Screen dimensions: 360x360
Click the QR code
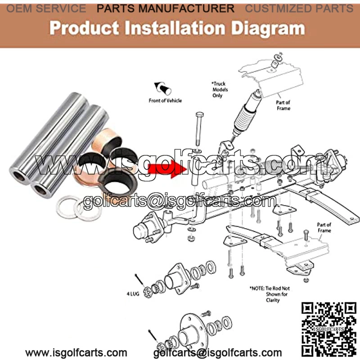click(x=329, y=329)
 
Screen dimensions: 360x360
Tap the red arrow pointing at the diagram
click(x=167, y=169)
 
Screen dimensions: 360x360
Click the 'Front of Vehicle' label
click(x=165, y=100)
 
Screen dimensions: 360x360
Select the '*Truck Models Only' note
click(x=219, y=90)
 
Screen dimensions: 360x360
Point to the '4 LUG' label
click(x=133, y=294)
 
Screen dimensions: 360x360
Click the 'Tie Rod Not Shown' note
click(x=270, y=294)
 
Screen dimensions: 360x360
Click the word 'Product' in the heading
click(x=84, y=28)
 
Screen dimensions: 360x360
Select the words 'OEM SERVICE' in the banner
click(x=46, y=9)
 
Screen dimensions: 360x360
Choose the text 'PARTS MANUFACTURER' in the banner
click(x=166, y=9)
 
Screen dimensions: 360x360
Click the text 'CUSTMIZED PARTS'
click(x=299, y=9)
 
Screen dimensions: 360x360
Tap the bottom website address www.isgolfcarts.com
click(x=76, y=352)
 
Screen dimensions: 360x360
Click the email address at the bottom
click(x=217, y=353)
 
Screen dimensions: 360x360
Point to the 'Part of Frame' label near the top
click(x=283, y=105)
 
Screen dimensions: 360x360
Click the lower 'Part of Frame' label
click(x=324, y=228)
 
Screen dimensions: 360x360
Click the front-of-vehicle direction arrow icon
click(x=162, y=88)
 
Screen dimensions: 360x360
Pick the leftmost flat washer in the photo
click(x=67, y=207)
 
